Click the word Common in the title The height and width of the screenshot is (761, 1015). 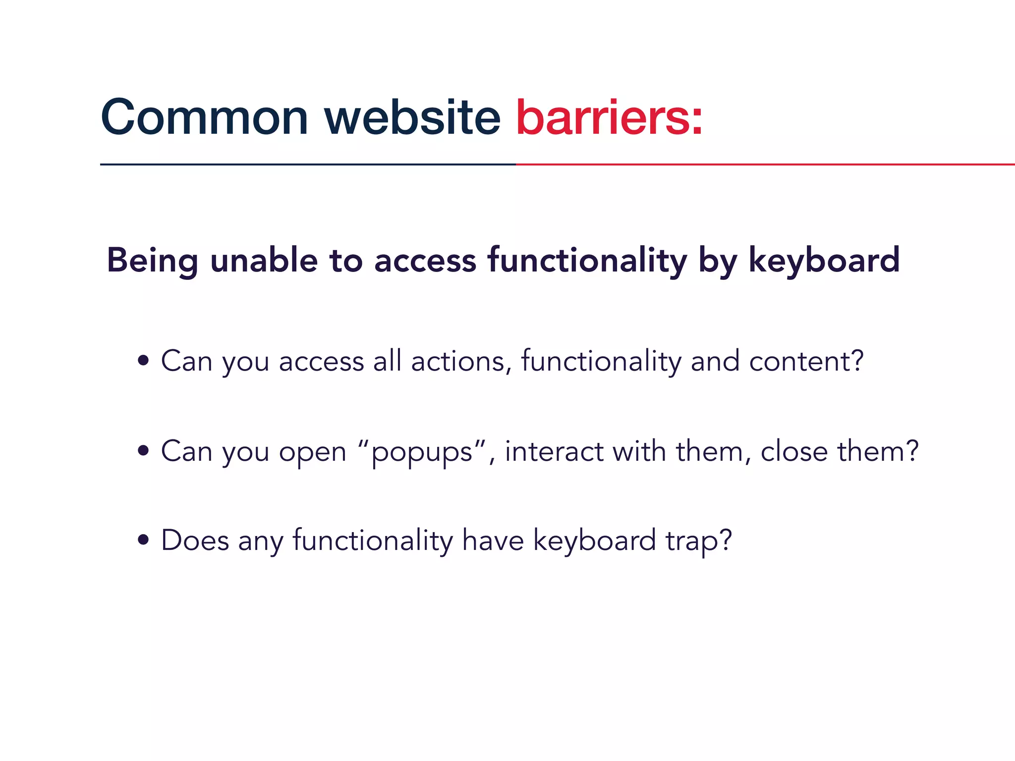(x=204, y=118)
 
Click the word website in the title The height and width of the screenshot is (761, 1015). (x=412, y=118)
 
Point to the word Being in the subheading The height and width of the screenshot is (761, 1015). (x=153, y=261)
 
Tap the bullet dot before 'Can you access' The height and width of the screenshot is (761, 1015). (x=144, y=361)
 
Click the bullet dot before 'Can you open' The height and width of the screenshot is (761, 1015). (x=144, y=451)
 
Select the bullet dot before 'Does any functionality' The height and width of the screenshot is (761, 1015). (x=144, y=540)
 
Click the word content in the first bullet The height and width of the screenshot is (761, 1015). (x=800, y=361)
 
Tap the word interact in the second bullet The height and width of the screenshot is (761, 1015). (x=554, y=451)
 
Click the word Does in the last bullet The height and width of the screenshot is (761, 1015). (x=195, y=540)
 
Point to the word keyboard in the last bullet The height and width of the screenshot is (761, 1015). (x=594, y=540)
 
